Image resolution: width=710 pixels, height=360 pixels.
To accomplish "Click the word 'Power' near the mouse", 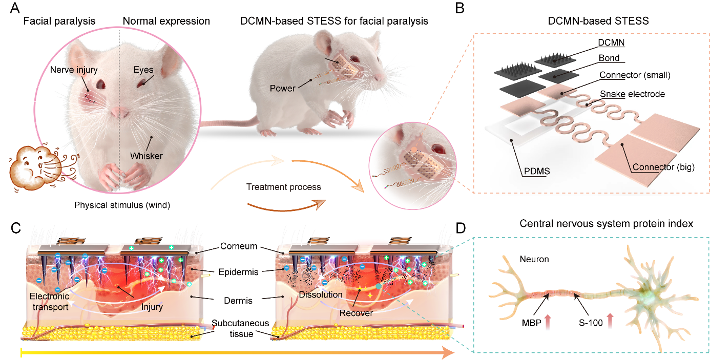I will (x=283, y=88).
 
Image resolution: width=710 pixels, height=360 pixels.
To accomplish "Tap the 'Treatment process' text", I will (x=277, y=188).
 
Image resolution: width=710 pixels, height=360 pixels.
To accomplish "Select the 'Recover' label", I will (x=356, y=312).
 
